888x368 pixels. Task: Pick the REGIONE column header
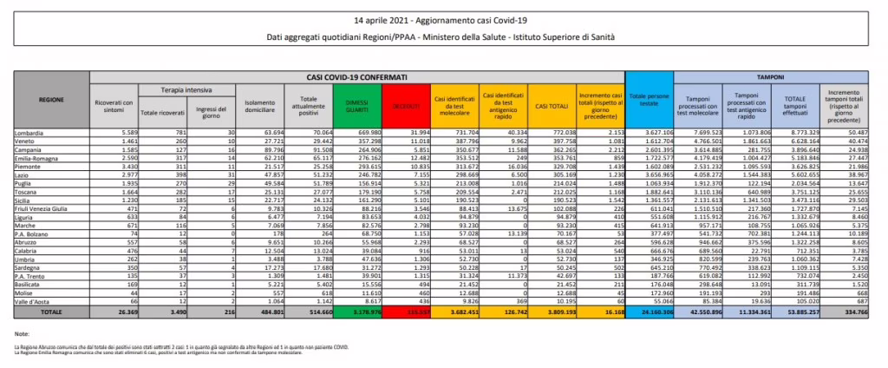[x=50, y=99]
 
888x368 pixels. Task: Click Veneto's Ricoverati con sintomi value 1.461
[x=121, y=140]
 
